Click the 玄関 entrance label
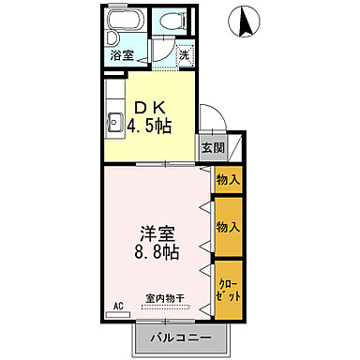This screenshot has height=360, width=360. pos(211,147)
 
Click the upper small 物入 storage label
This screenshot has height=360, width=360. pos(228,178)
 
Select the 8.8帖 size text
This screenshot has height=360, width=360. pos(156,252)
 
